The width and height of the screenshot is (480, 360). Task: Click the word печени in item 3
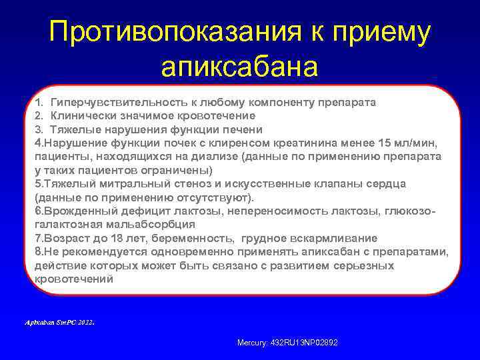[x=243, y=129]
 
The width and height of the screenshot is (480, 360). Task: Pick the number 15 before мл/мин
[x=385, y=143]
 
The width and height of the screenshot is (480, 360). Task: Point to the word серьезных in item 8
[x=365, y=265]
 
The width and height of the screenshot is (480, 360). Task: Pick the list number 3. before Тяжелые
[x=39, y=129]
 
